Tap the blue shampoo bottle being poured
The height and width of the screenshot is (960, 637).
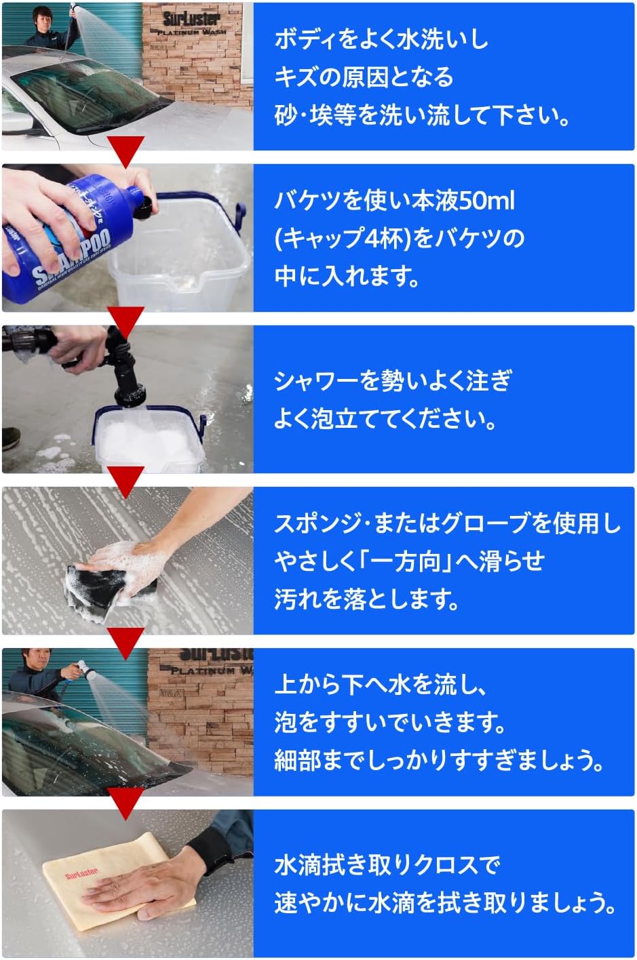click(x=61, y=237)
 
